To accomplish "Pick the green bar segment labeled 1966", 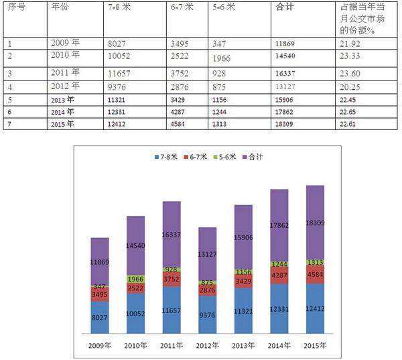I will pyautogui.click(x=135, y=278).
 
